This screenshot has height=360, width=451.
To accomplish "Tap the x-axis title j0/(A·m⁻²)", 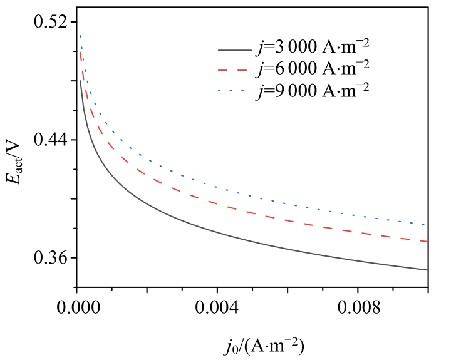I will coord(251,345).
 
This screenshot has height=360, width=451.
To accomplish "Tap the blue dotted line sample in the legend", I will coord(233,91).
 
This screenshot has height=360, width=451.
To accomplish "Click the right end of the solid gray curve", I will coord(428,270).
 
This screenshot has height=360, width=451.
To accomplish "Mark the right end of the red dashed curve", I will coord(428,241).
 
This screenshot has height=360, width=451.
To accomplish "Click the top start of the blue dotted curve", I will coord(80,36).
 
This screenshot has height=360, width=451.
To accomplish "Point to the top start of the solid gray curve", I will coord(80,80).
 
